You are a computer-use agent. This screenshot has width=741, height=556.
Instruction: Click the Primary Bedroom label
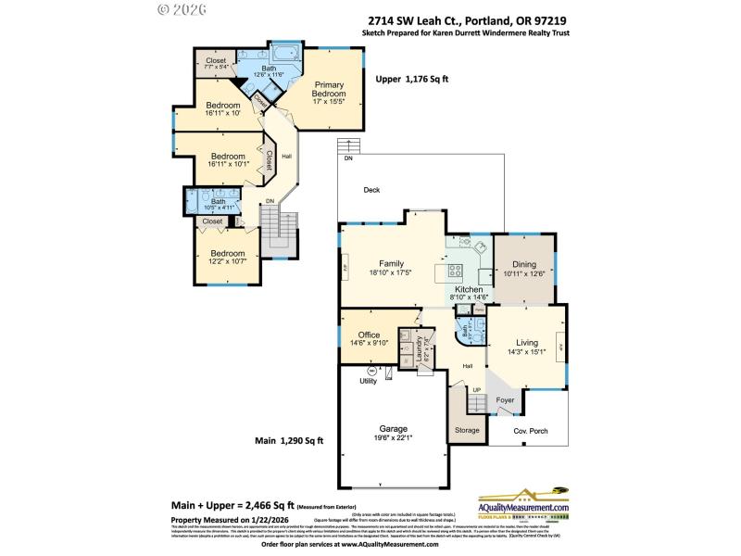pos(329,89)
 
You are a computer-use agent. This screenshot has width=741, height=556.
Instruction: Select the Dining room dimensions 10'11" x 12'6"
pos(523,273)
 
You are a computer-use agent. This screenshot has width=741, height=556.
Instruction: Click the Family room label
pos(391,263)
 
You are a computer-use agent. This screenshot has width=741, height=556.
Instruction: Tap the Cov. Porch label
pos(532,430)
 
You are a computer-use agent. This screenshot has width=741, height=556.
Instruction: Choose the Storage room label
pos(467,431)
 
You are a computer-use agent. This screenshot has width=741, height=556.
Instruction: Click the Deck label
pos(371,190)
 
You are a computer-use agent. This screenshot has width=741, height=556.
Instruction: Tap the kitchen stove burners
pos(456,271)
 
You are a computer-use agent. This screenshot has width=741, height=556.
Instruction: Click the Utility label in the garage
pos(368,381)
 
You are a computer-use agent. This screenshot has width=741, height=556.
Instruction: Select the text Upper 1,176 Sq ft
pos(411,80)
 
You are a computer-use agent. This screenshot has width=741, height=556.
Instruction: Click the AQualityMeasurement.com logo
pos(522,504)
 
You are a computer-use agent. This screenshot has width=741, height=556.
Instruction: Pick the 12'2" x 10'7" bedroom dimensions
pos(227,262)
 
